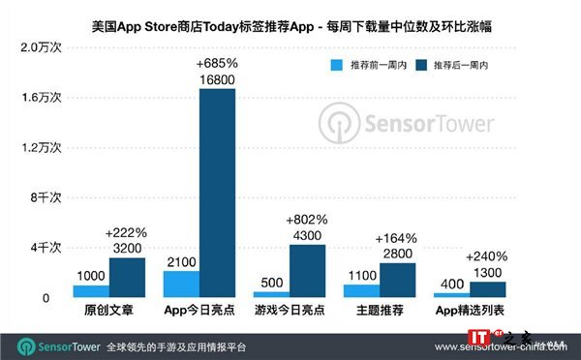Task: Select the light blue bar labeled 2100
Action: (x=181, y=285)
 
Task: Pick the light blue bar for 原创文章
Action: (x=91, y=291)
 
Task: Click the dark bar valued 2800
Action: (x=398, y=281)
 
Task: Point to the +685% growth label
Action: (x=216, y=63)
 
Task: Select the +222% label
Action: (x=126, y=234)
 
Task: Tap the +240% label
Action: (x=486, y=257)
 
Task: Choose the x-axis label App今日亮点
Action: (x=199, y=311)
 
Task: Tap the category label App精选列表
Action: (x=471, y=311)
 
